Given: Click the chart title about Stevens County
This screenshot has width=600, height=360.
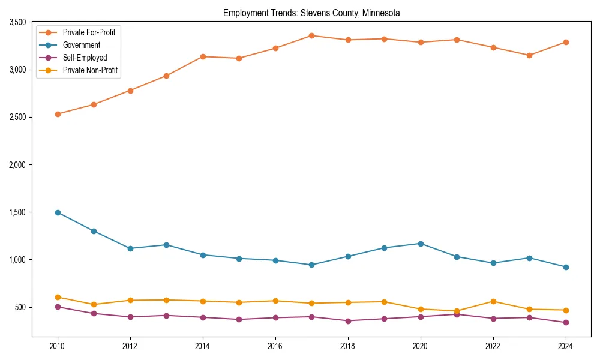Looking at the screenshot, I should point(311,13).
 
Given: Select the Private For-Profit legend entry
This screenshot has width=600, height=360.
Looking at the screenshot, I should point(89,32).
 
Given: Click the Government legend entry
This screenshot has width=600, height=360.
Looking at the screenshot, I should point(81,45).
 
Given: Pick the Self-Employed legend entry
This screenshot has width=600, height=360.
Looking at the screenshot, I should point(85,58).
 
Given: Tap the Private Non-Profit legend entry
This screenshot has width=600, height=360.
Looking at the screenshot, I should point(90,70).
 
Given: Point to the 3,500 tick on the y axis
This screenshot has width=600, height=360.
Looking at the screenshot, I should point(17,22).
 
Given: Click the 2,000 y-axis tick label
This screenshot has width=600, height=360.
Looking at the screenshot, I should point(17,164).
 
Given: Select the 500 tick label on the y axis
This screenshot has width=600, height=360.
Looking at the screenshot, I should point(21,307).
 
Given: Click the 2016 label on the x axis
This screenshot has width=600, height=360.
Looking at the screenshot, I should point(275,346).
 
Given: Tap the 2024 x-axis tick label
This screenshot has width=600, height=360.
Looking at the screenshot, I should point(565,346).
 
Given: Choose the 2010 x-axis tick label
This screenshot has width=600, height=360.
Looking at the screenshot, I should point(58,346).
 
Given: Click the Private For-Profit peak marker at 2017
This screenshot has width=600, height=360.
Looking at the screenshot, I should point(311,35).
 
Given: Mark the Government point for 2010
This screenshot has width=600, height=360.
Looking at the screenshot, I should point(58,212).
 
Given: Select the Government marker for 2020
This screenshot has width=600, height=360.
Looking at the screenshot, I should point(420,244).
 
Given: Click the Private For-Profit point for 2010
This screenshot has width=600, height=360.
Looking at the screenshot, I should point(58,114).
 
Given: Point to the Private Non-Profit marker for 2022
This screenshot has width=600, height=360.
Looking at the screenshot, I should point(493,301).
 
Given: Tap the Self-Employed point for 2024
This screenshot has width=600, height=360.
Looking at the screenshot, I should point(565,323).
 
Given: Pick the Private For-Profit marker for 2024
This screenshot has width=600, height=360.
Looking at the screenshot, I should point(565,42).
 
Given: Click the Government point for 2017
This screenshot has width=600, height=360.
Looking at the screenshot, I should point(311,265).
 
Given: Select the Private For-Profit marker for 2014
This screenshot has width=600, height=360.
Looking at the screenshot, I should point(203,56).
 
